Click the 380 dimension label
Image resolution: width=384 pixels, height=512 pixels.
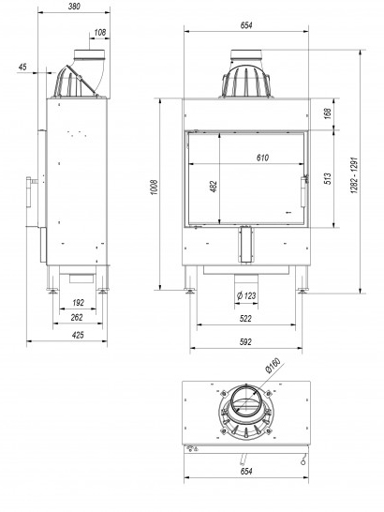(74, 7)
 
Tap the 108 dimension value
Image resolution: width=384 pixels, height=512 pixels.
(100, 32)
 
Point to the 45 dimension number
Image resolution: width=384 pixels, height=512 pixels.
(22, 67)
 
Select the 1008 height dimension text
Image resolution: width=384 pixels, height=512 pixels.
(155, 188)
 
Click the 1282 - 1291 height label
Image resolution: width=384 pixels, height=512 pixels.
(355, 175)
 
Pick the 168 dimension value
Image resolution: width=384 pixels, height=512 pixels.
(328, 113)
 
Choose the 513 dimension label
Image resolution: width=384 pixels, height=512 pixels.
(328, 178)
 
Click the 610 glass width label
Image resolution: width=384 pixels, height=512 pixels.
(262, 158)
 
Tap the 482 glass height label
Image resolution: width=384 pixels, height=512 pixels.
(214, 187)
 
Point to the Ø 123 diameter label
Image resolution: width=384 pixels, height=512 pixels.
(246, 295)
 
